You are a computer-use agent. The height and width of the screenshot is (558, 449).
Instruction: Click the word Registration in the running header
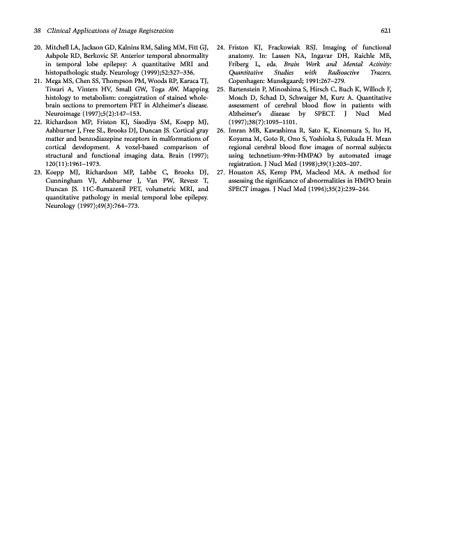154,31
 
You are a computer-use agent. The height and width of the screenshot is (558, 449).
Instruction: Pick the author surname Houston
243,171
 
